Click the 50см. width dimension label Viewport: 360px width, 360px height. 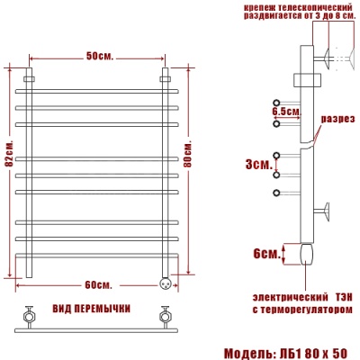pyautogui.click(x=99, y=56)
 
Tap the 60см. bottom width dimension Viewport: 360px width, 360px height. pyautogui.click(x=98, y=284)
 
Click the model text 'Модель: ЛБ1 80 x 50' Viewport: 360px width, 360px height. pyautogui.click(x=283, y=350)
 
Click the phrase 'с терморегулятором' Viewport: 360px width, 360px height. pyautogui.click(x=300, y=308)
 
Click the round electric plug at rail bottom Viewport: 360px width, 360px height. pyautogui.click(x=165, y=280)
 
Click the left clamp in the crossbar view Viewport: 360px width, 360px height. pyautogui.click(x=30, y=316)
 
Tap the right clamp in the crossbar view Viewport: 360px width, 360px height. pyautogui.click(x=165, y=316)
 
